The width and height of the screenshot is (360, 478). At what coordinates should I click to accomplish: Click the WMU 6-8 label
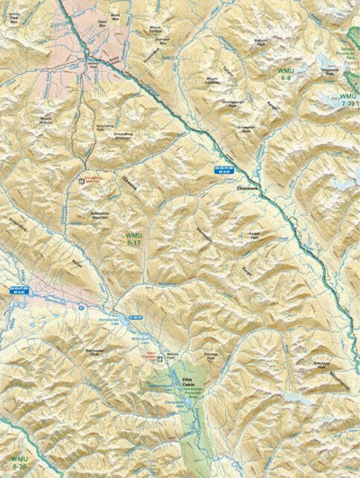(x=286, y=73)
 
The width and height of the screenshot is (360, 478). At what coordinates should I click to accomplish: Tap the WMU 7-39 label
(x=346, y=100)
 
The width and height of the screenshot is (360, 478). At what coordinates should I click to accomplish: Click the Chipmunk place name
(x=247, y=187)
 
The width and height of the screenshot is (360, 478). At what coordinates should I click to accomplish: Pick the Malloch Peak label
(x=260, y=41)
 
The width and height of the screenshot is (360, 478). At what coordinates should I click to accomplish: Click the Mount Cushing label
(x=213, y=81)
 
